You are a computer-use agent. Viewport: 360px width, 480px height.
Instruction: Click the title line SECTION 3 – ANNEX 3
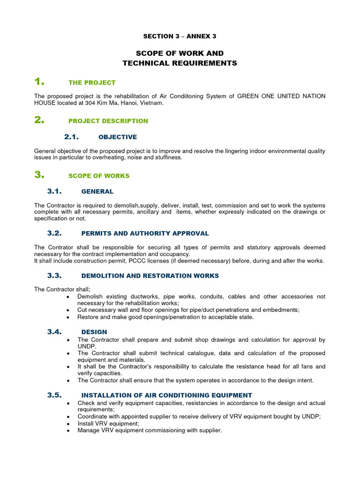(x=180, y=36)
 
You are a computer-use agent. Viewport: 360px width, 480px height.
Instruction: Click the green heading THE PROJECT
(x=91, y=82)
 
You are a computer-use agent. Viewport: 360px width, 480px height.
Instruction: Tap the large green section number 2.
(x=39, y=120)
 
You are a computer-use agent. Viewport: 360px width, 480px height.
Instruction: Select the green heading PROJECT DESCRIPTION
(x=108, y=121)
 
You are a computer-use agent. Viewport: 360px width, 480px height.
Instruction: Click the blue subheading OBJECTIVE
(x=117, y=137)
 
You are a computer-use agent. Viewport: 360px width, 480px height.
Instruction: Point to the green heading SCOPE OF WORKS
(x=98, y=176)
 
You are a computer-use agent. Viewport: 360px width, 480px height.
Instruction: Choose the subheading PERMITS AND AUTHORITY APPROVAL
(x=145, y=233)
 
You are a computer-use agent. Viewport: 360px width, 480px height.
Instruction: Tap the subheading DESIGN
(x=94, y=332)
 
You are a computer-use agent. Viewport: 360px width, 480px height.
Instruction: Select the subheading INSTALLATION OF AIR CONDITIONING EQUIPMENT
(x=166, y=395)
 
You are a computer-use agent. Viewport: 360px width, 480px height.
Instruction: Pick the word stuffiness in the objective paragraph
(x=167, y=158)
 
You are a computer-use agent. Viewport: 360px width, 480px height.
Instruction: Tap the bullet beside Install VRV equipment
(x=69, y=424)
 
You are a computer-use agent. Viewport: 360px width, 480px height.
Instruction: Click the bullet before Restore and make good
(x=69, y=317)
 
